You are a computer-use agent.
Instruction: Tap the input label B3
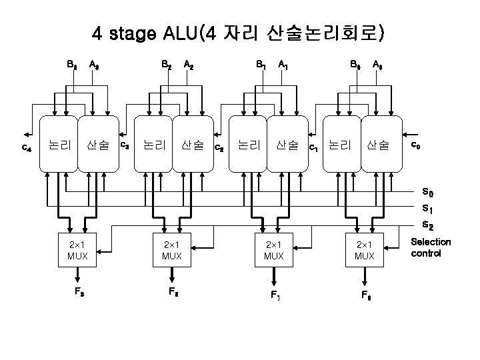click(x=71, y=65)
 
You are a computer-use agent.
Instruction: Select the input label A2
click(x=189, y=65)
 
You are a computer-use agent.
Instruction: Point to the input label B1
click(x=261, y=65)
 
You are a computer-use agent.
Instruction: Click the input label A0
click(x=378, y=65)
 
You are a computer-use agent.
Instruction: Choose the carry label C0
click(x=415, y=145)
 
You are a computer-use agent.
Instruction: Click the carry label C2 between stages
click(x=217, y=146)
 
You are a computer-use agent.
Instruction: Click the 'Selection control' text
click(x=431, y=248)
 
